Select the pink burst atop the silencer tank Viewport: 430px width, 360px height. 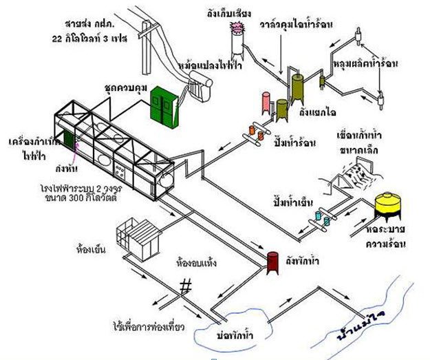(x=239, y=28)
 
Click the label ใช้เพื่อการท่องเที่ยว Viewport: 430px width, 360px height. (x=151, y=324)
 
